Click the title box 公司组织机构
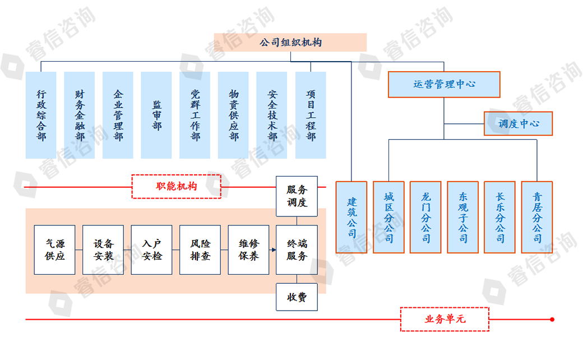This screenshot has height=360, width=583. [x=290, y=43]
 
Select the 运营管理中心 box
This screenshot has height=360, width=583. [x=444, y=84]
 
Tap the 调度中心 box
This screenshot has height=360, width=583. [x=518, y=123]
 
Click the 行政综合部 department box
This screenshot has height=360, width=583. [x=41, y=115]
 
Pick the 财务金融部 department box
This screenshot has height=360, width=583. [x=80, y=115]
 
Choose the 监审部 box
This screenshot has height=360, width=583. [x=156, y=115]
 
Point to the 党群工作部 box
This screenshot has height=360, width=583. [x=195, y=115]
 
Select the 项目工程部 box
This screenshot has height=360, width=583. [x=311, y=115]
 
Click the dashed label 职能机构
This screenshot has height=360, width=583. [x=176, y=186]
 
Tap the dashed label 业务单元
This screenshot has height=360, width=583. [x=445, y=319]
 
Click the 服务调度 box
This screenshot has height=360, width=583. [x=297, y=196]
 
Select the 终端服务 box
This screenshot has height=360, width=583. [x=297, y=250]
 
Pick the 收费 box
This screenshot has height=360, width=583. [x=297, y=297]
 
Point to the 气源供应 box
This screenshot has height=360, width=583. [x=54, y=250]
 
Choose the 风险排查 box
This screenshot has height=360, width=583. [x=200, y=250]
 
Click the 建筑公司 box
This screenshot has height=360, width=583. [x=351, y=217]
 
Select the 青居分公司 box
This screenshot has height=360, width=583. [x=536, y=217]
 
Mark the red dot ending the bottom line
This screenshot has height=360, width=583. [x=552, y=320]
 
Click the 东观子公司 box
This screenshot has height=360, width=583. [x=462, y=217]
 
